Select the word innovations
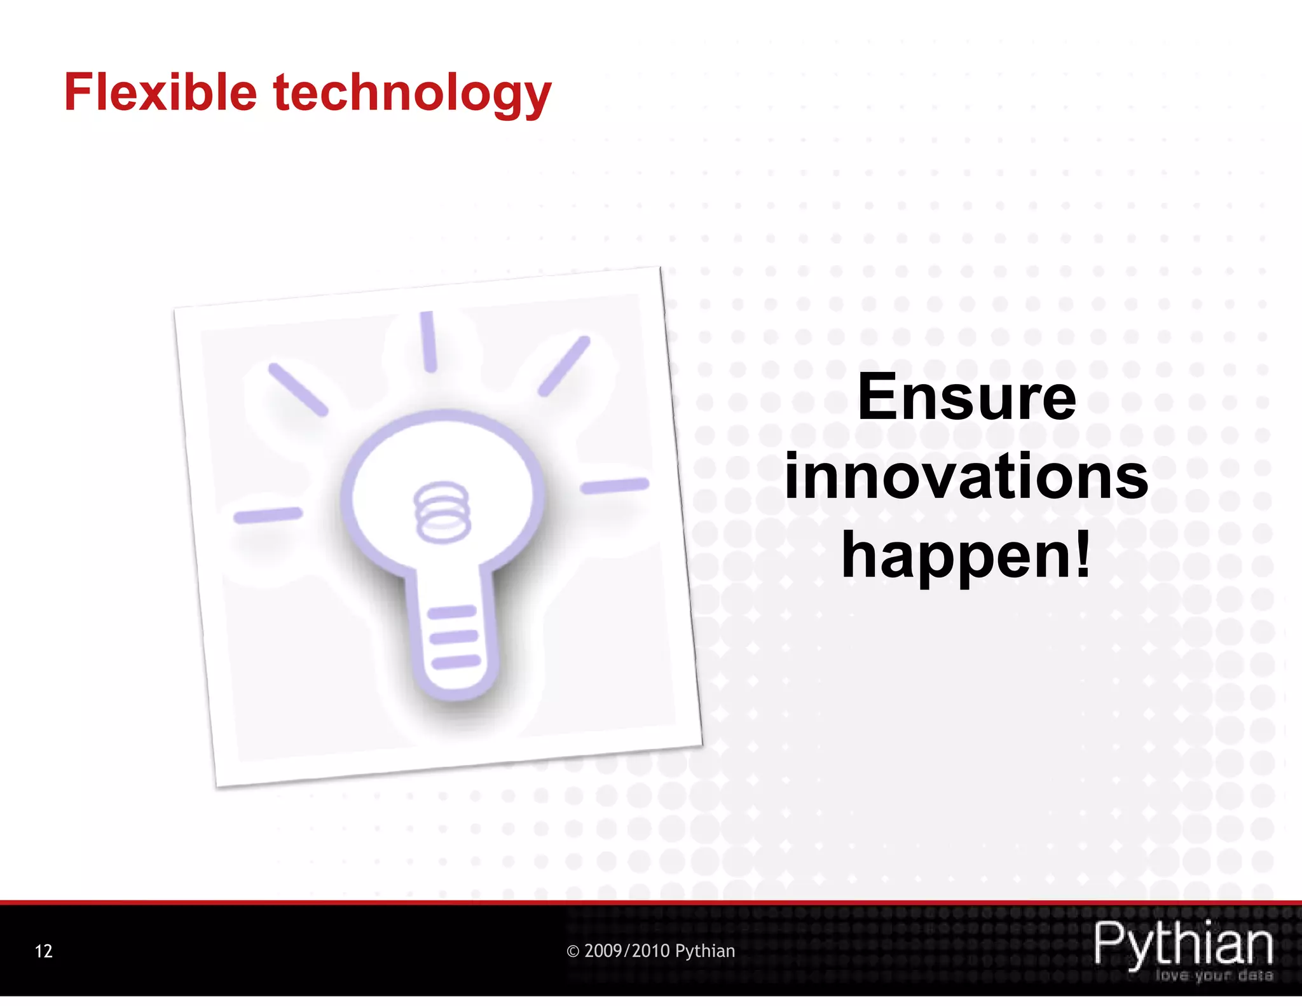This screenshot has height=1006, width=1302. [966, 477]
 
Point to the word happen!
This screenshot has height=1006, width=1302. [966, 556]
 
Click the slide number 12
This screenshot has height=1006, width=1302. [43, 951]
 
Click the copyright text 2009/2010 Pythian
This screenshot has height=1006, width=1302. [659, 951]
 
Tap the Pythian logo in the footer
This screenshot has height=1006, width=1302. [1183, 944]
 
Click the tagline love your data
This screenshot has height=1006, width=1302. [1214, 975]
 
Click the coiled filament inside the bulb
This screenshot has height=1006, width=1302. [442, 512]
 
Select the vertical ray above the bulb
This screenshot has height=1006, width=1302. [428, 341]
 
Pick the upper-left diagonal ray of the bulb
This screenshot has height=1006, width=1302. [298, 390]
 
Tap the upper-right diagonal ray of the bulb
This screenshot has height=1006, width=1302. [564, 366]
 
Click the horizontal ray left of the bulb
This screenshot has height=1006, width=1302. [268, 515]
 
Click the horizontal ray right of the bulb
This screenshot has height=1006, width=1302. [614, 486]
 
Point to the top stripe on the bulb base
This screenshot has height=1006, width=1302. [451, 613]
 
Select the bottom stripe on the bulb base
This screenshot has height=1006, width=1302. [456, 662]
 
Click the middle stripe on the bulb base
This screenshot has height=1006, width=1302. [454, 637]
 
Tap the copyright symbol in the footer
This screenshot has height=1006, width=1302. [573, 952]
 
